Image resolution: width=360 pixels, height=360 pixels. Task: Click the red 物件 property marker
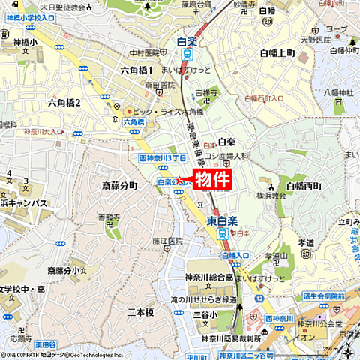pos(214,181)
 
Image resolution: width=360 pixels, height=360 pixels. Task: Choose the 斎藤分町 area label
pos(119,184)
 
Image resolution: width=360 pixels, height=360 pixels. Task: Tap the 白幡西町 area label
pos(303,185)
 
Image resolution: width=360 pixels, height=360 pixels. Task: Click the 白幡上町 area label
pos(278,52)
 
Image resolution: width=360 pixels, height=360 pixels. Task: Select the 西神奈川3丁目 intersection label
pos(163,158)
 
